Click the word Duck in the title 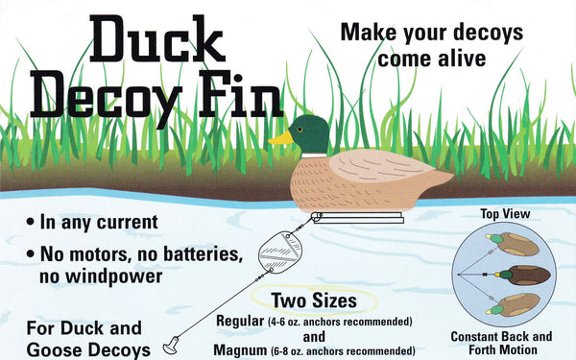click(x=156, y=38)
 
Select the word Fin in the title click(x=241, y=94)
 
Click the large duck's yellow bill click(x=281, y=137)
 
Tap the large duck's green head click(x=310, y=134)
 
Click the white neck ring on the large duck click(x=314, y=156)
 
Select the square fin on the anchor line click(x=280, y=252)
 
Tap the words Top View click(x=506, y=214)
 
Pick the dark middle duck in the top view click(x=523, y=275)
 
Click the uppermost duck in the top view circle click(x=513, y=244)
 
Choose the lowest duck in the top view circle click(x=514, y=305)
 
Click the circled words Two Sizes click(x=314, y=300)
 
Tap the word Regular click(x=240, y=321)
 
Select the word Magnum click(x=240, y=349)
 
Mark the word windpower click(x=114, y=276)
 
